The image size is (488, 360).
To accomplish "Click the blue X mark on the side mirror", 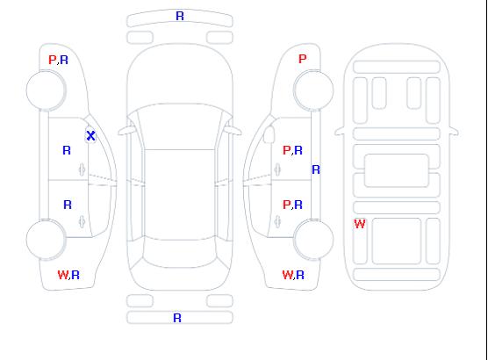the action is [90, 135].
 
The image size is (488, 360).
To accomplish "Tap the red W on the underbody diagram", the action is [360, 224].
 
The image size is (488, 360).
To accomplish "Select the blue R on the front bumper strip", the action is [180, 16].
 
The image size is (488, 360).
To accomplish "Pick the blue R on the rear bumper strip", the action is [177, 318].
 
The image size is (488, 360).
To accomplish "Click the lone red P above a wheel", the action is [302, 59].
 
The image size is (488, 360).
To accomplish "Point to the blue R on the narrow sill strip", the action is [316, 169].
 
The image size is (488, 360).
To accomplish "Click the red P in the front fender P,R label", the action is [52, 60].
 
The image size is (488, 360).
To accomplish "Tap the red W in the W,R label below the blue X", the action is [63, 275].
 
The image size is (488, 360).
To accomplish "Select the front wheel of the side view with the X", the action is [46, 90].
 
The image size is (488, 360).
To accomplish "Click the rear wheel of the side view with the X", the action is [46, 240].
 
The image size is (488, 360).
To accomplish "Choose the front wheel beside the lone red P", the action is [313, 90].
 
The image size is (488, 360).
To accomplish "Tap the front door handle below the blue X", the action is [82, 169].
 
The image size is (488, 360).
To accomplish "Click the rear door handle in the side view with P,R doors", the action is [277, 221].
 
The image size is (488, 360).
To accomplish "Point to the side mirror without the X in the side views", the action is [269, 134].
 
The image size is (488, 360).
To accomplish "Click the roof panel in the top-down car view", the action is [180, 195].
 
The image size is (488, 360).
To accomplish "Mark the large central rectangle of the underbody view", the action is [397, 170].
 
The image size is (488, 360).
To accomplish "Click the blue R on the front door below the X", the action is [67, 150].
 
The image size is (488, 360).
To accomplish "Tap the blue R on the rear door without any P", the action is [68, 205].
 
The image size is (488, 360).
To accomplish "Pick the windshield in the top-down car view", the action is [180, 126].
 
